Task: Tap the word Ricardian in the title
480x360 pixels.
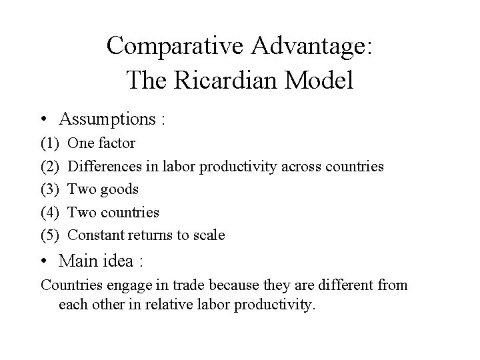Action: [x=219, y=81]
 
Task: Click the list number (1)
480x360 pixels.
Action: [x=50, y=143]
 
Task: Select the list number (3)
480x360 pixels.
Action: [x=50, y=189]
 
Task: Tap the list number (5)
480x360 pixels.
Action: [x=50, y=235]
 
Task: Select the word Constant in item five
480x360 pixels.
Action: [x=95, y=235]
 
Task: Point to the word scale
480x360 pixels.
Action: [x=208, y=235]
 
